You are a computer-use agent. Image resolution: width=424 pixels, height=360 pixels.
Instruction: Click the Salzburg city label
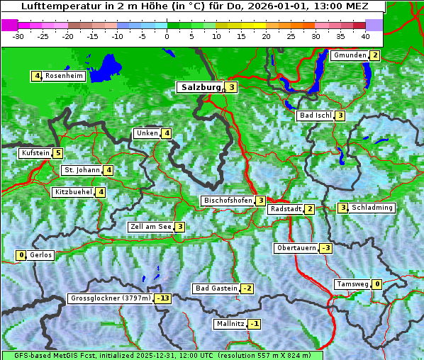(x=201, y=87)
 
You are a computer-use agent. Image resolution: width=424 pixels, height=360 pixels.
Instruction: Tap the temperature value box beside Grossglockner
(x=163, y=298)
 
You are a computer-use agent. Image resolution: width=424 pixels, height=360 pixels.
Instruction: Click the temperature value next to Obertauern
(x=325, y=248)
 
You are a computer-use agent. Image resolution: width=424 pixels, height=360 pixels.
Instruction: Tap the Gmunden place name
(x=350, y=55)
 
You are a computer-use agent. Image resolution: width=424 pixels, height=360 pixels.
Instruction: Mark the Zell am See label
(x=150, y=227)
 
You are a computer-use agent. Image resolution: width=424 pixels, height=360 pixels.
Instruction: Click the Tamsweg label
(x=352, y=284)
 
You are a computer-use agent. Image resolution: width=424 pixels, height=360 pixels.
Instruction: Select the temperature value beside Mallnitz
(x=255, y=324)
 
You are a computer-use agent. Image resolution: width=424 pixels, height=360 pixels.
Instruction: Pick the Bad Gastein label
(x=216, y=288)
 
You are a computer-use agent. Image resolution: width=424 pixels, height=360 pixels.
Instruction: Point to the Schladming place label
(x=372, y=208)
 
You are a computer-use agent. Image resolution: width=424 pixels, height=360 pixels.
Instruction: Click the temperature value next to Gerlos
(x=21, y=255)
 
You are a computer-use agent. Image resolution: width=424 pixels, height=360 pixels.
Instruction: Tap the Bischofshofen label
(x=228, y=201)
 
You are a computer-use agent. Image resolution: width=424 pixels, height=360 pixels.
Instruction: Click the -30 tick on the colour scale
(x=18, y=36)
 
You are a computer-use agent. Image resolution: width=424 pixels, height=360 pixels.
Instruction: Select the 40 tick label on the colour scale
(x=365, y=36)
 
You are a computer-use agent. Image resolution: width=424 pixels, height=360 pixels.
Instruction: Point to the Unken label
(x=147, y=133)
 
